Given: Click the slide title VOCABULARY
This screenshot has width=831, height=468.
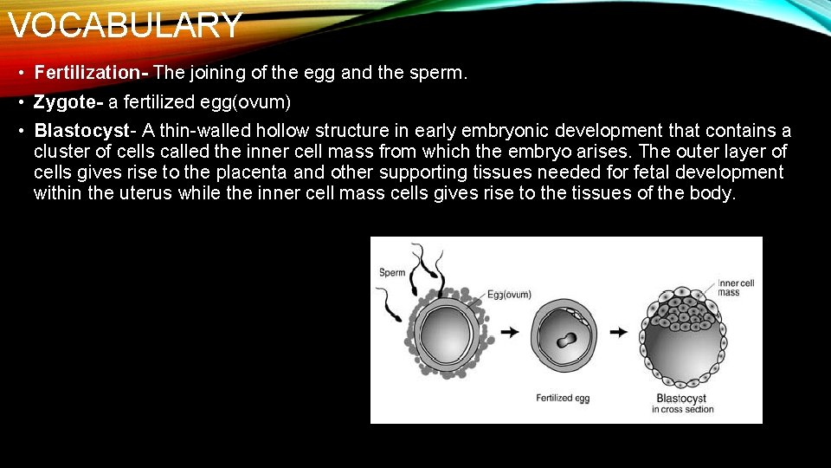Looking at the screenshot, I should (125, 25).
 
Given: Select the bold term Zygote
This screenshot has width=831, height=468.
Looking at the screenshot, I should (68, 102).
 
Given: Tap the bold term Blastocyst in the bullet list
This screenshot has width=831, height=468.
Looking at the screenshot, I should (82, 131).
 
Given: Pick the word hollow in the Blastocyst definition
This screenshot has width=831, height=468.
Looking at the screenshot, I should (282, 131).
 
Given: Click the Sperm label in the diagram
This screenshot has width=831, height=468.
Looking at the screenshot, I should (392, 273).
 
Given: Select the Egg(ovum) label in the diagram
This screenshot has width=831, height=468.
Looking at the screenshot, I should (509, 295).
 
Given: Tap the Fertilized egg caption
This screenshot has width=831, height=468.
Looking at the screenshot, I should (563, 398).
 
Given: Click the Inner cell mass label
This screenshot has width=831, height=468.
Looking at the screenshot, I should (736, 288).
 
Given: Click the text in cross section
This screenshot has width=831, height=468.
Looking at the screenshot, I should (683, 409).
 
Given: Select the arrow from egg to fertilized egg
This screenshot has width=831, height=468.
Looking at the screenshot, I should (510, 332).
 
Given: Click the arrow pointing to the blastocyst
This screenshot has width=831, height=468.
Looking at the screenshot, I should (618, 332).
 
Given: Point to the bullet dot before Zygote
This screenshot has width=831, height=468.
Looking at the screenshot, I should (20, 103).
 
